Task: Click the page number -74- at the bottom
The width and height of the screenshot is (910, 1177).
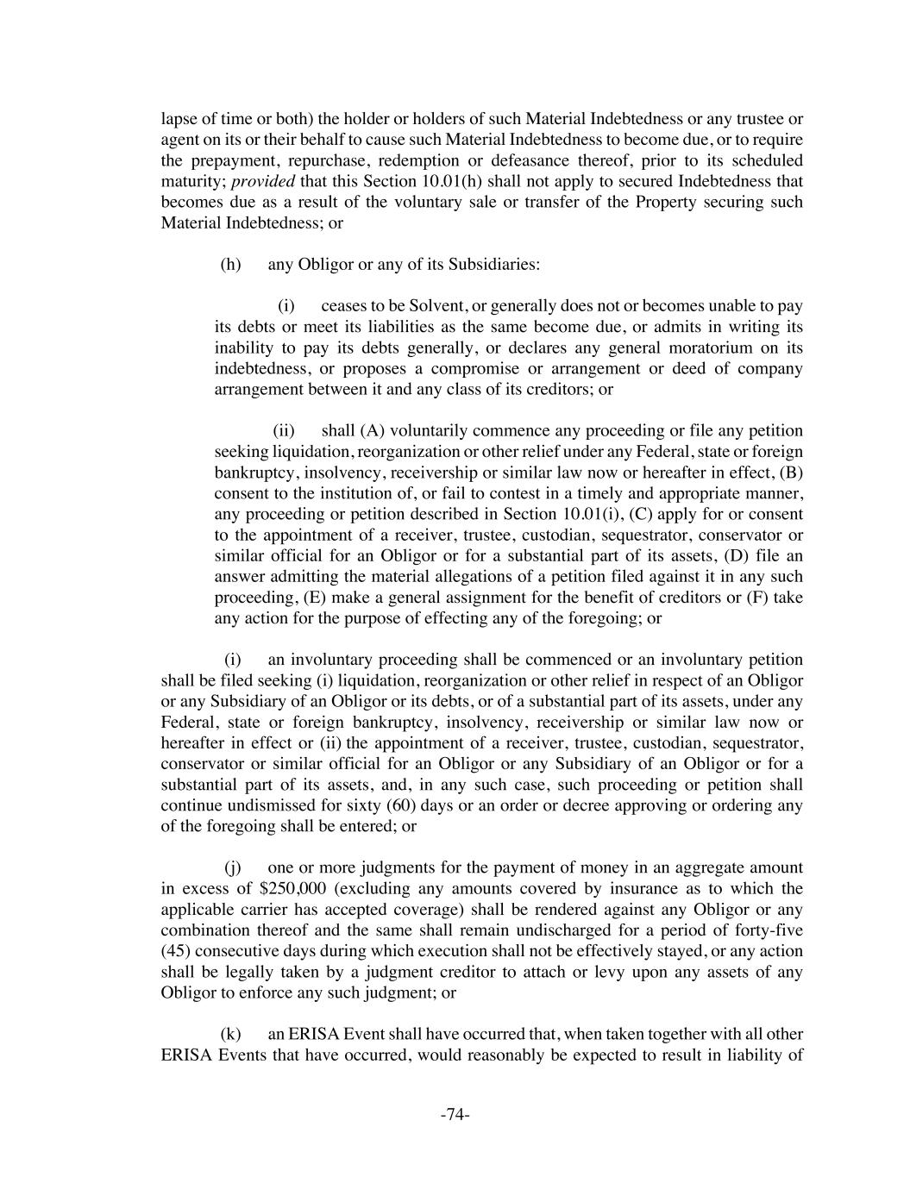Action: pos(455,1115)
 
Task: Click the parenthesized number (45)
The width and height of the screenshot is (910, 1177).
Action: pos(178,951)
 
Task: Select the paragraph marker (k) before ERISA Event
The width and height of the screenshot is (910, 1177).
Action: pos(230,1034)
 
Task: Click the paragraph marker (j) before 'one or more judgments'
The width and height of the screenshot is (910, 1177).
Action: pos(232,867)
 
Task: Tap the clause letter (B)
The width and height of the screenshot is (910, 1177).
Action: pos(791,473)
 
